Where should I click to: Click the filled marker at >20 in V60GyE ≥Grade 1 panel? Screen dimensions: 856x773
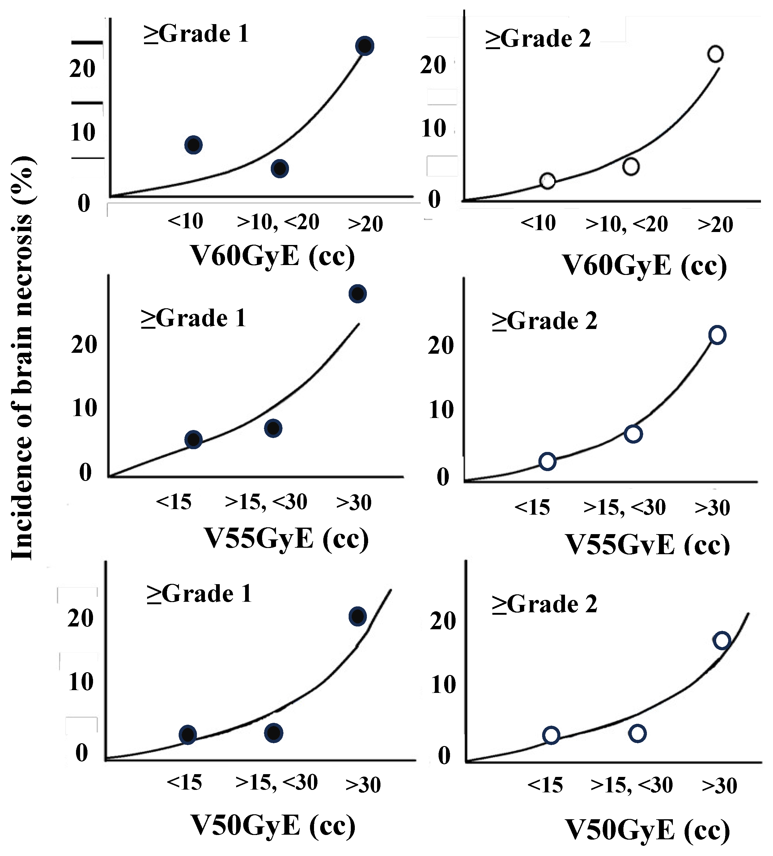tap(365, 46)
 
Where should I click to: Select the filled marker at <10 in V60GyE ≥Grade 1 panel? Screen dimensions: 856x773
tap(193, 145)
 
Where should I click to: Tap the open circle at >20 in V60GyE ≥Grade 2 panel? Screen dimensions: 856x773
tap(716, 54)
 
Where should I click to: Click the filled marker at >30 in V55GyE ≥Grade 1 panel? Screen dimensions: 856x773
tap(358, 294)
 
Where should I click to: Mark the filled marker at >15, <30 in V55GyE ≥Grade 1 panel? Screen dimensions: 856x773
tap(273, 428)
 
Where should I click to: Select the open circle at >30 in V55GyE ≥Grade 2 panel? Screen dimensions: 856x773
tap(717, 335)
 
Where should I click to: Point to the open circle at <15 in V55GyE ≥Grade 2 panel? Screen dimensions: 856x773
tap(547, 461)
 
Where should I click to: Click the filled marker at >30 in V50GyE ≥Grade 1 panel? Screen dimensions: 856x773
tap(358, 616)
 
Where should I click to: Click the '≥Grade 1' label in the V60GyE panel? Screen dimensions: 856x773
tap(196, 34)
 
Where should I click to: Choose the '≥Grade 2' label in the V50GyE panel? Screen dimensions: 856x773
tap(545, 604)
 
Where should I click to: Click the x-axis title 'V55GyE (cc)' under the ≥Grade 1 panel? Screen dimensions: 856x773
tap(286, 538)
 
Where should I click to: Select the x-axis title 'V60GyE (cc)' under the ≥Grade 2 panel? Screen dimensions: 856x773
tap(645, 266)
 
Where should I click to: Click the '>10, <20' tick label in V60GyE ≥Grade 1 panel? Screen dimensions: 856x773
tap(278, 222)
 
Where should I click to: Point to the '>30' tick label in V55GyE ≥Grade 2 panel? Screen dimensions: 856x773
tap(712, 508)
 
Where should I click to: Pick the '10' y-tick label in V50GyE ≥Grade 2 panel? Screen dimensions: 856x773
tap(443, 685)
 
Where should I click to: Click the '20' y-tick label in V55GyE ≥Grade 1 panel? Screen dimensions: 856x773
tap(84, 345)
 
